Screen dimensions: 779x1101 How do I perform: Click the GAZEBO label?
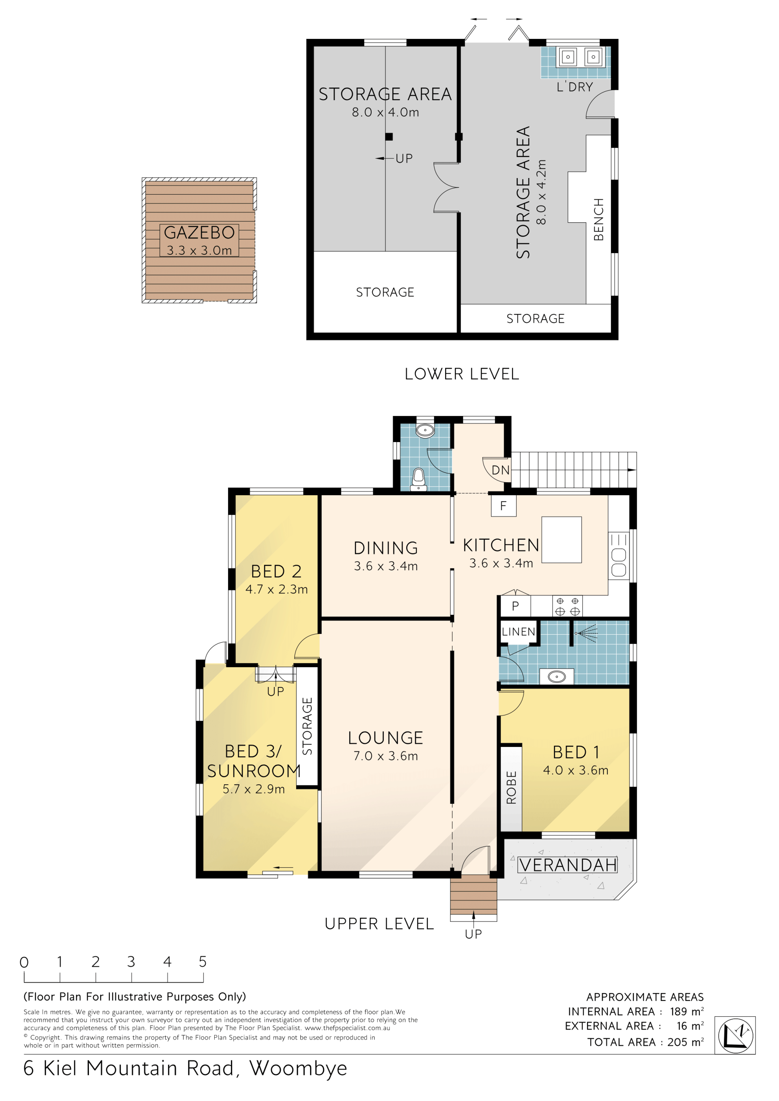(x=199, y=233)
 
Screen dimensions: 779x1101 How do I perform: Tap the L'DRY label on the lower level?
(x=575, y=87)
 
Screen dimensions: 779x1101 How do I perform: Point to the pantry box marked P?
(x=515, y=606)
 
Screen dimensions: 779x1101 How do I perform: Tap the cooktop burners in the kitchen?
(x=568, y=606)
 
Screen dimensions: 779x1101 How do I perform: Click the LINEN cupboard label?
(x=519, y=631)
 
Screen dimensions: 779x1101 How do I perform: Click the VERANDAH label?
(x=568, y=865)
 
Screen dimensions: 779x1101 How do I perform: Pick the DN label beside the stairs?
(x=500, y=470)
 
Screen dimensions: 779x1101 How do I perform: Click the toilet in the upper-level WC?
(x=419, y=479)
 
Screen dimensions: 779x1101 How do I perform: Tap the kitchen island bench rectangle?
(x=562, y=539)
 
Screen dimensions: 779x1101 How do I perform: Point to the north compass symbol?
(x=735, y=1035)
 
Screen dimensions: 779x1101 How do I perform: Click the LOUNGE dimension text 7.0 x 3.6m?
(x=386, y=756)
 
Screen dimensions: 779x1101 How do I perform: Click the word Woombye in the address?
(x=298, y=1069)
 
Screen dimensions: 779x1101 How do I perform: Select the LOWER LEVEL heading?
(x=462, y=374)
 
